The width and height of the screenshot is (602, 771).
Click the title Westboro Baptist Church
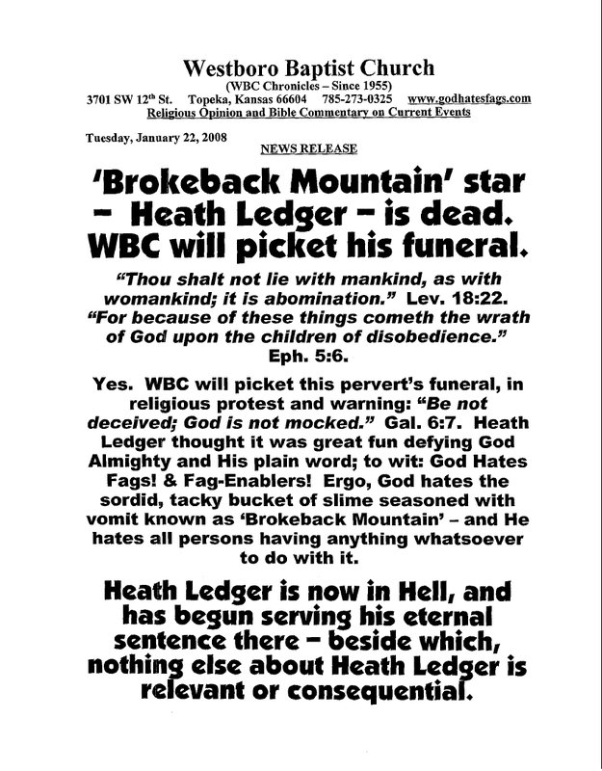pos(301,69)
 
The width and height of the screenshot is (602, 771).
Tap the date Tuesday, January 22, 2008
pos(149,136)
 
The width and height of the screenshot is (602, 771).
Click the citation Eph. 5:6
pos(301,357)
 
